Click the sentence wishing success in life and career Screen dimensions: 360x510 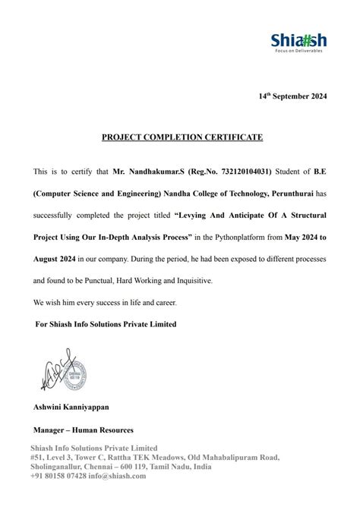tap(105, 302)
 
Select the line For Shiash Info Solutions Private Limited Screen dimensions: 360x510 tap(106, 324)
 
